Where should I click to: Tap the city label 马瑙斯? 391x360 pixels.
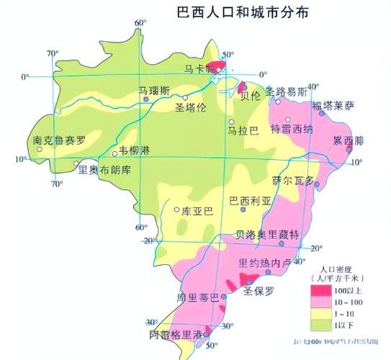coord(155,91)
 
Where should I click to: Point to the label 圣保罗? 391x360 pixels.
coord(259,292)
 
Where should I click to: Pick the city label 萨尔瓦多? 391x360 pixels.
coord(294,181)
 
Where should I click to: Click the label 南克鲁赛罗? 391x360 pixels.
coord(59,140)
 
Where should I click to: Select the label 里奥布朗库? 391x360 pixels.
coord(104,170)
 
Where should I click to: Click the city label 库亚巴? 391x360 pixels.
coord(197,211)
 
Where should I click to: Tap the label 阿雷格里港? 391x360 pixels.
coord(174,335)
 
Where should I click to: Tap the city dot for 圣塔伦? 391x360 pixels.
coord(185,96)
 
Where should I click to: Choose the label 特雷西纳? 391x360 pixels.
coord(291,129)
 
